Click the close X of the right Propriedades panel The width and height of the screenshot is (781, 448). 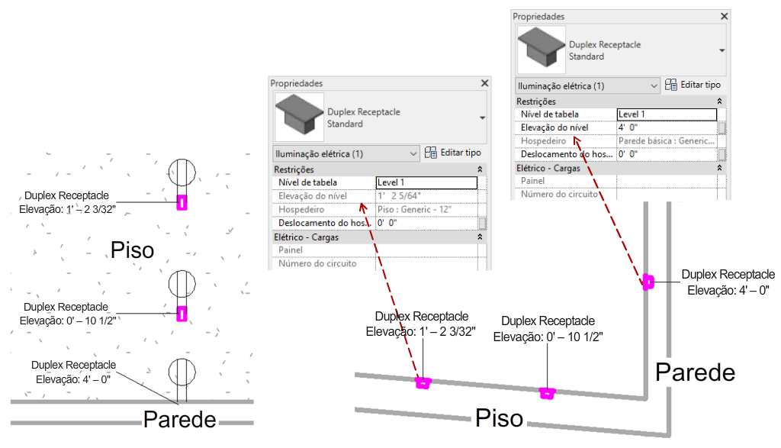pyautogui.click(x=725, y=17)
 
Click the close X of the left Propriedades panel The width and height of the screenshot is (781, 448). pyautogui.click(x=484, y=83)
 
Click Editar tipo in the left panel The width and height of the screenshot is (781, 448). pyautogui.click(x=453, y=153)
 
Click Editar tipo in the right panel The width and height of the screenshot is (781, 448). pyautogui.click(x=693, y=85)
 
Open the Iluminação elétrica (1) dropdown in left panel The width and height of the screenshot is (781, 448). pyautogui.click(x=346, y=154)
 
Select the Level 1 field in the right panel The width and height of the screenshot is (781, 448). pyautogui.click(x=667, y=114)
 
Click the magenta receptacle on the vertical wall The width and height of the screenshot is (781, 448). pyautogui.click(x=648, y=282)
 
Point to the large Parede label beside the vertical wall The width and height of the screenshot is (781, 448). pyautogui.click(x=695, y=372)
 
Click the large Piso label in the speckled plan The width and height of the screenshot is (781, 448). pyautogui.click(x=132, y=250)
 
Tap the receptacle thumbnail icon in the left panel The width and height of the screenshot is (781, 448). pyautogui.click(x=299, y=117)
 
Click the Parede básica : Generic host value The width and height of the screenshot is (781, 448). pyautogui.click(x=667, y=141)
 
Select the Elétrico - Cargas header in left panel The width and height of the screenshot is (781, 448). pyautogui.click(x=306, y=237)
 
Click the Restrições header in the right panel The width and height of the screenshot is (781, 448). pyautogui.click(x=536, y=102)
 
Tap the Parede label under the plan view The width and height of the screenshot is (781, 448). pyautogui.click(x=180, y=420)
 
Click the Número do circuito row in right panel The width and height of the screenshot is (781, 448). pyautogui.click(x=559, y=194)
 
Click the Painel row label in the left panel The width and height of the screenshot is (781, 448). pyautogui.click(x=291, y=250)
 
